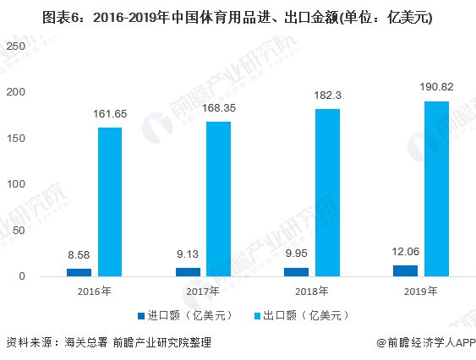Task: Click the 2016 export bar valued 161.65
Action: click(x=109, y=202)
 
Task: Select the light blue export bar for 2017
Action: click(x=218, y=199)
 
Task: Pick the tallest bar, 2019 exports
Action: click(x=436, y=188)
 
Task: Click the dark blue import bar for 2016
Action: click(x=79, y=272)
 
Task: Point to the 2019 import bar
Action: click(x=406, y=270)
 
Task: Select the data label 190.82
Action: click(x=436, y=87)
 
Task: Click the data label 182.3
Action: click(x=327, y=95)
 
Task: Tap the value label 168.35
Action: click(x=218, y=107)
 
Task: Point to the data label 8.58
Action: click(x=79, y=254)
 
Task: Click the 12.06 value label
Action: click(x=406, y=251)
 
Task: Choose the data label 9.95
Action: click(x=297, y=253)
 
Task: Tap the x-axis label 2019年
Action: click(x=420, y=292)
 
